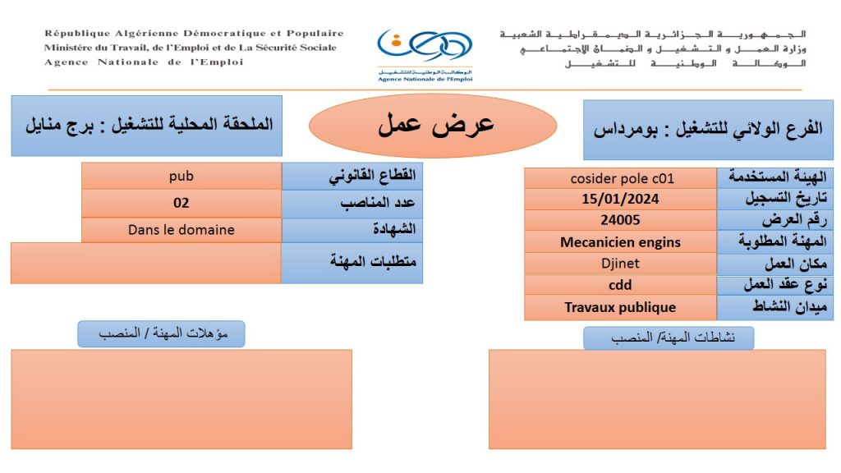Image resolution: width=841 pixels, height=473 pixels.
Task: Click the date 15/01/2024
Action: (x=620, y=199)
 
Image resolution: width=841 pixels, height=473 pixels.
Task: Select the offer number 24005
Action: (x=620, y=220)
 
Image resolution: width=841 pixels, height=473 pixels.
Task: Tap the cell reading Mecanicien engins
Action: (x=620, y=242)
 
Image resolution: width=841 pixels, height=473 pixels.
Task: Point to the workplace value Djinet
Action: (x=620, y=264)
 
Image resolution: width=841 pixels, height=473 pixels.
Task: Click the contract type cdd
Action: (x=620, y=285)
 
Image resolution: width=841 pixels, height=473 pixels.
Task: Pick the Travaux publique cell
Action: (x=620, y=307)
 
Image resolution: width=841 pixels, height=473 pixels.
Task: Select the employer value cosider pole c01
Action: (x=620, y=177)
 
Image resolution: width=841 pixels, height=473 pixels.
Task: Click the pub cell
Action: (x=181, y=176)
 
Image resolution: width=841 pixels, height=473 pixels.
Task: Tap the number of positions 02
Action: (x=181, y=203)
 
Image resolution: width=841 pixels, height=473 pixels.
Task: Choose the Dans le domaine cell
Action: (x=181, y=230)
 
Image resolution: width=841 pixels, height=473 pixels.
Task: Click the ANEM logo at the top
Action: (x=425, y=54)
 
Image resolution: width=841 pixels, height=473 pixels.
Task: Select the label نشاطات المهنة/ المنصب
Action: (x=669, y=338)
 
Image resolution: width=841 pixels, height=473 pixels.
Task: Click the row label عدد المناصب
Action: (x=352, y=203)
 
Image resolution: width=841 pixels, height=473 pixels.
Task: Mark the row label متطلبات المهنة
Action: (x=352, y=263)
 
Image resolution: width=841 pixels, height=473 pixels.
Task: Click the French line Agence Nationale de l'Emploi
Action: (x=144, y=62)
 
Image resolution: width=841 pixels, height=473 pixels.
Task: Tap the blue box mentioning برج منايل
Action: (x=146, y=126)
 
